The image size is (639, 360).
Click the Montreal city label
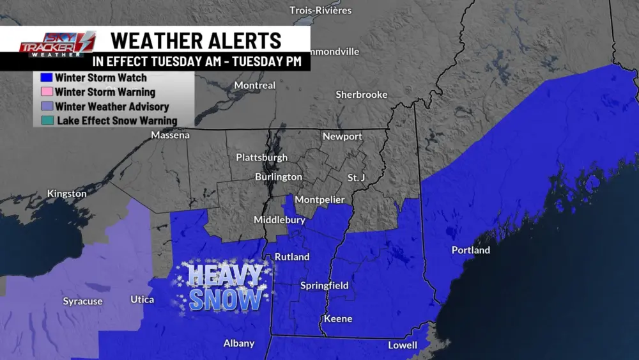tap(254, 85)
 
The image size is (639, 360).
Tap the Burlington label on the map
tap(278, 176)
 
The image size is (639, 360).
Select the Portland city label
tap(470, 250)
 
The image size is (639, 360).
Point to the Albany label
tap(239, 343)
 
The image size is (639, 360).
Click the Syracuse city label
tap(82, 301)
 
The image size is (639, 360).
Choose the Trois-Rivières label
tap(320, 10)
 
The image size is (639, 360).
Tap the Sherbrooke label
tap(362, 95)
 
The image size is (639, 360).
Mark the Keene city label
tap(338, 318)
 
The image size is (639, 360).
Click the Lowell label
tap(403, 345)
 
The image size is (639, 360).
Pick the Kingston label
tap(66, 193)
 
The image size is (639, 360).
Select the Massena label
tap(170, 135)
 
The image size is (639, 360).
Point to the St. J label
tap(356, 177)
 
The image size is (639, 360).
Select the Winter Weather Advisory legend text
tap(112, 106)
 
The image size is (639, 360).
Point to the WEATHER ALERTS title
tap(196, 40)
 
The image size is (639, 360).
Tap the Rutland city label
tap(291, 257)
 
